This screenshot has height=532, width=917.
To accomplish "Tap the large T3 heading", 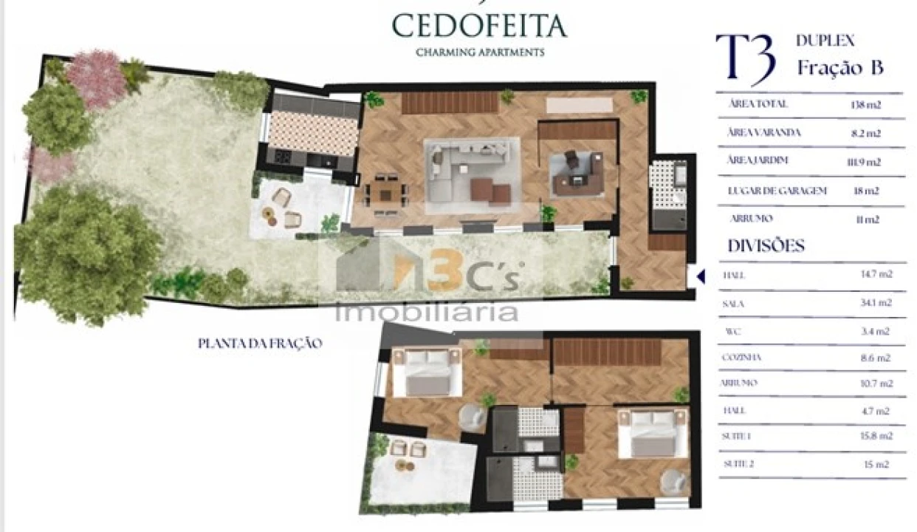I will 746,58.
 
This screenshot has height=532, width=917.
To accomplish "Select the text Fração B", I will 840,68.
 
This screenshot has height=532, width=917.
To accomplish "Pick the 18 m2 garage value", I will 867,191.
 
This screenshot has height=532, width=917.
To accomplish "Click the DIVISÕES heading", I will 766,246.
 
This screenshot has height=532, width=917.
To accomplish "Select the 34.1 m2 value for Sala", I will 877,303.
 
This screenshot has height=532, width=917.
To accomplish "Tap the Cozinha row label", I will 742,358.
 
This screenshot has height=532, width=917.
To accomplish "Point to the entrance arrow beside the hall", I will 701,277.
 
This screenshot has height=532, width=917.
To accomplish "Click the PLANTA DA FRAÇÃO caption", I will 260,344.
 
